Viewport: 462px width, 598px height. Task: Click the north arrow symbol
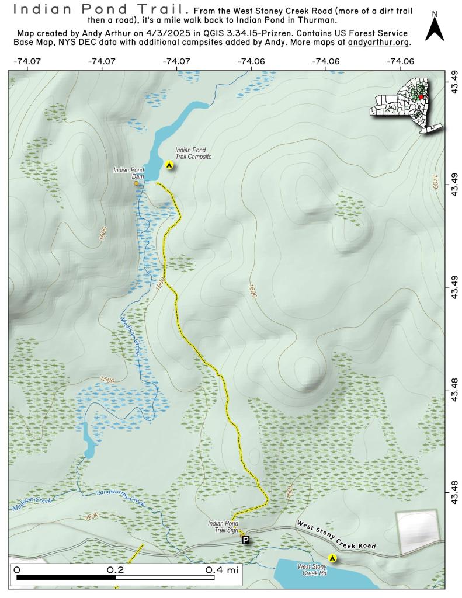point(434,27)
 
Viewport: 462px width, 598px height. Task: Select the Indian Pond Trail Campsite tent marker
point(169,166)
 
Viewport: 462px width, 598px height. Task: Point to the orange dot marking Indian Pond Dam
point(137,183)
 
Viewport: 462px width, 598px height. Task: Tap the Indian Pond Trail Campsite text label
point(193,154)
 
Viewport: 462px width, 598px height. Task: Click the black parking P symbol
point(246,540)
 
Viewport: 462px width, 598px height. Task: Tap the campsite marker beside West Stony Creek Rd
point(333,558)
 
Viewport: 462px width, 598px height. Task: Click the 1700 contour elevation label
point(435,181)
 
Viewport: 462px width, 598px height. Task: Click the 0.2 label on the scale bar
point(114,569)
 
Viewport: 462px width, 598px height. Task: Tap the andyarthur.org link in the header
point(378,43)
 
